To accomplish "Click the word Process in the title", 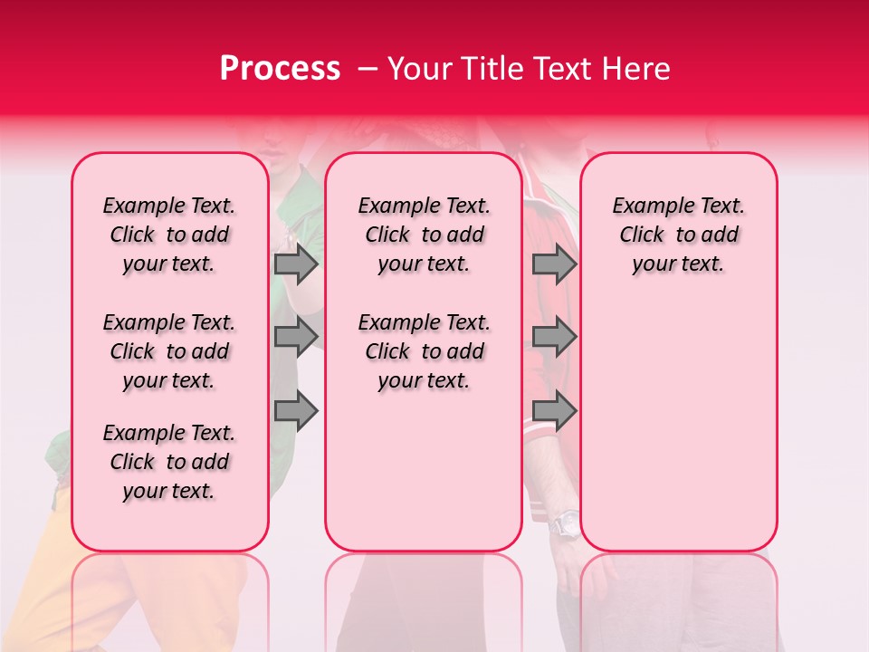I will (280, 69).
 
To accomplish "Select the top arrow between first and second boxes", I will (296, 264).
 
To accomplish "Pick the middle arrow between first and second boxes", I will (296, 337).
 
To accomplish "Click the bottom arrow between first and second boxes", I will (296, 411).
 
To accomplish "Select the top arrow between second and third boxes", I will (554, 264).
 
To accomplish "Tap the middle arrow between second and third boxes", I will (554, 337).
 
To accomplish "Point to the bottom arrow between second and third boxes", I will (554, 411).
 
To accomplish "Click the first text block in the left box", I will (169, 235).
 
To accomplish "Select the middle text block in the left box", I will (169, 351).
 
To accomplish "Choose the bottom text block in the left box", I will (169, 462).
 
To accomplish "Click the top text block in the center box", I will (424, 235).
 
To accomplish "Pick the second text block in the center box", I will (424, 351).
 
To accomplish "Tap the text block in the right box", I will (678, 235).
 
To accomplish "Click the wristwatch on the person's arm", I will (567, 523).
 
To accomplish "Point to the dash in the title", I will (368, 69).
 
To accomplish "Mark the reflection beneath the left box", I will (170, 598).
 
